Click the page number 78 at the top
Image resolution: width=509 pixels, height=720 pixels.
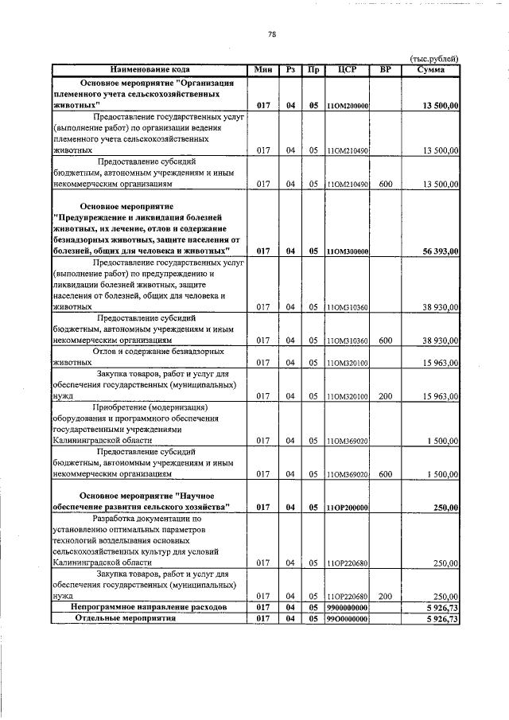pos(271,34)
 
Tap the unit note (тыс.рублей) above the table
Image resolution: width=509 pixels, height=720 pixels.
pos(433,58)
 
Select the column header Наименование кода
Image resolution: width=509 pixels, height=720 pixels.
pos(149,69)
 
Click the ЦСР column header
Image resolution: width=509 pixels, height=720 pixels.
pos(346,69)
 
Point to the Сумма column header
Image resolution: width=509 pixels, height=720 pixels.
pos(430,69)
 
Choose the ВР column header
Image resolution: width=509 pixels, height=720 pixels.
pos(386,69)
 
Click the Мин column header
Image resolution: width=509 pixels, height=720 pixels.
pos(263,69)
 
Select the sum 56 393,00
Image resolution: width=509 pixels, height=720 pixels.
pos(441,251)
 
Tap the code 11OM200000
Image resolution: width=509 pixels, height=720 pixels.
pos(346,106)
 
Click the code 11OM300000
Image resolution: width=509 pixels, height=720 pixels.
pos(346,251)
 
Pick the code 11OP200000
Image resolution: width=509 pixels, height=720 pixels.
pos(346,507)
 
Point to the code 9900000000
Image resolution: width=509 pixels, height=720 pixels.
pos(346,607)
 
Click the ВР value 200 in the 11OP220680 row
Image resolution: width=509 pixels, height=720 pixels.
pos(386,595)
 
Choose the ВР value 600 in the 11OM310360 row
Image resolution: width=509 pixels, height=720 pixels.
pos(386,340)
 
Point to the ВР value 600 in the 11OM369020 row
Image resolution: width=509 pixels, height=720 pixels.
pos(386,473)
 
